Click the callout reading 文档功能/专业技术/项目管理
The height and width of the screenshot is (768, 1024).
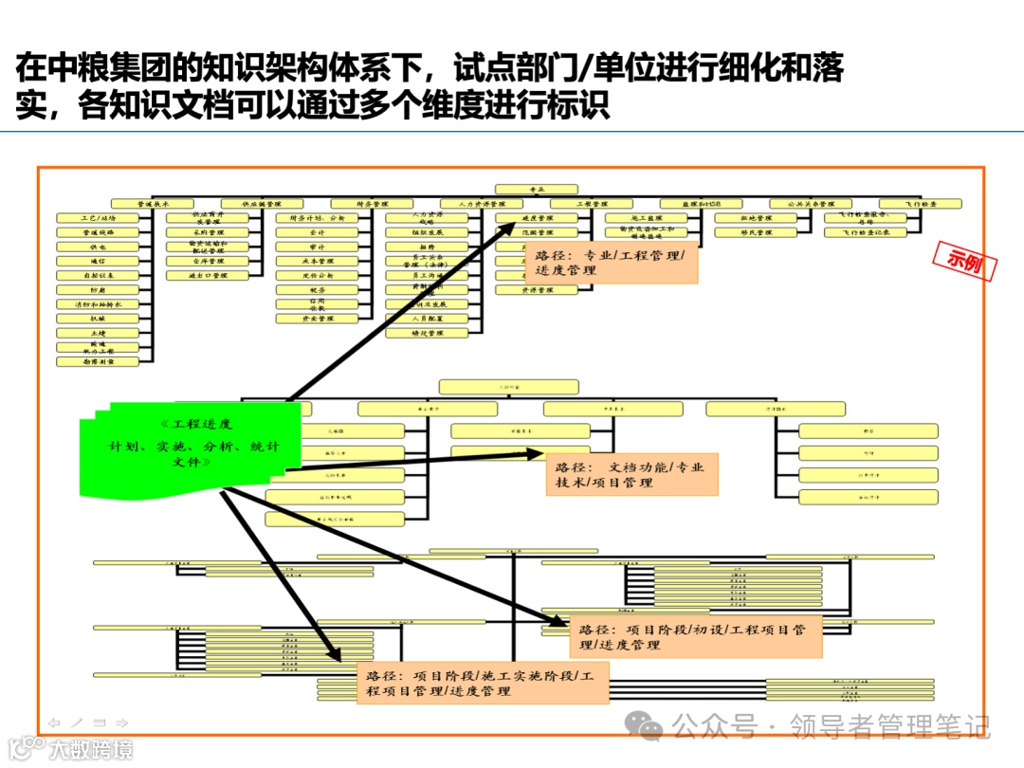point(631,475)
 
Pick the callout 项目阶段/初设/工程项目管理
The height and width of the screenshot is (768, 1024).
point(695,636)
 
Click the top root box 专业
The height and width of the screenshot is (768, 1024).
point(536,190)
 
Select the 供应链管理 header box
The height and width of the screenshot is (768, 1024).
point(262,204)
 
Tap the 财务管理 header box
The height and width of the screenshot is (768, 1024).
point(372,204)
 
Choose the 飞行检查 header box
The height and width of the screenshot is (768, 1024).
point(920,204)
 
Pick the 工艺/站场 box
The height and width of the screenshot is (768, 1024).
point(99,218)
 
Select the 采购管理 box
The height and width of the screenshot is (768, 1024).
point(208,232)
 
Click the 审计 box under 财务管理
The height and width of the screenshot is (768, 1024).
point(317,247)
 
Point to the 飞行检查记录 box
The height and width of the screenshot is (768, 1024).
point(865,232)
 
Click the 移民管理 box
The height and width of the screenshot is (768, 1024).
point(756,232)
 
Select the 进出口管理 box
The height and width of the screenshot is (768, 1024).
point(208,276)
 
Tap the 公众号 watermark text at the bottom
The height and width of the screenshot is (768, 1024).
point(716,728)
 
